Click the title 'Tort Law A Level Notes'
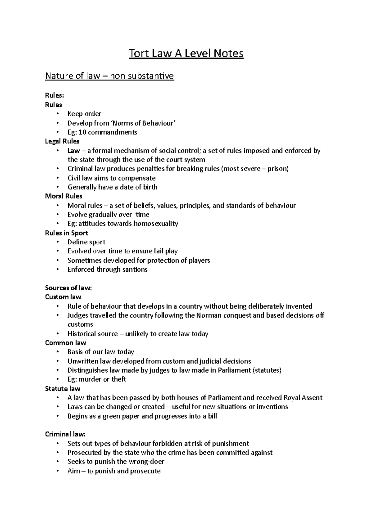click(186, 54)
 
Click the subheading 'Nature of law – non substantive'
click(109, 76)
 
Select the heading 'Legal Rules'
click(62, 142)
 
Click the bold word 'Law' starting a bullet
click(73, 151)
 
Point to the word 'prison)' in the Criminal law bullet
click(278, 169)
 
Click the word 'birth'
click(150, 187)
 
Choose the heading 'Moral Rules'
click(64, 196)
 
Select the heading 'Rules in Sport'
click(67, 233)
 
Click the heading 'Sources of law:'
click(69, 288)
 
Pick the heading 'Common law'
click(66, 343)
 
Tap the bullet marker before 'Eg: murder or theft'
click(58, 379)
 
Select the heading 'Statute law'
click(63, 389)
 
